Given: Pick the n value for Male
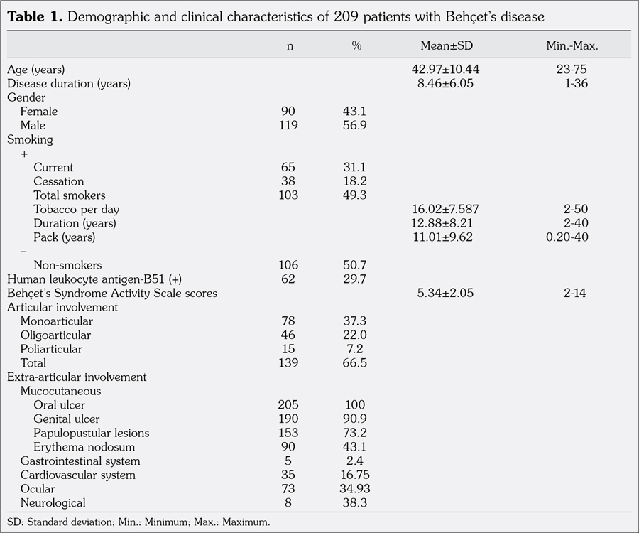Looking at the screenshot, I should (x=288, y=126).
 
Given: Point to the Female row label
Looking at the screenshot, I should (x=39, y=112).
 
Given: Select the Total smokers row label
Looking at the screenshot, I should (x=69, y=195).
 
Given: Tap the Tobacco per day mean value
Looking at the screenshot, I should (x=443, y=210).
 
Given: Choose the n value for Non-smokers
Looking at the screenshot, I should (x=288, y=265).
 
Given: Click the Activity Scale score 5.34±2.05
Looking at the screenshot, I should (x=443, y=294).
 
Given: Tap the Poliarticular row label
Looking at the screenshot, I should (x=51, y=349).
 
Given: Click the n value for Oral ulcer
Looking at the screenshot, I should (x=288, y=405).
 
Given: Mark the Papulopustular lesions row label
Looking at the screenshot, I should (x=91, y=433).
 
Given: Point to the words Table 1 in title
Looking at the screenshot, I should (x=31, y=16).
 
